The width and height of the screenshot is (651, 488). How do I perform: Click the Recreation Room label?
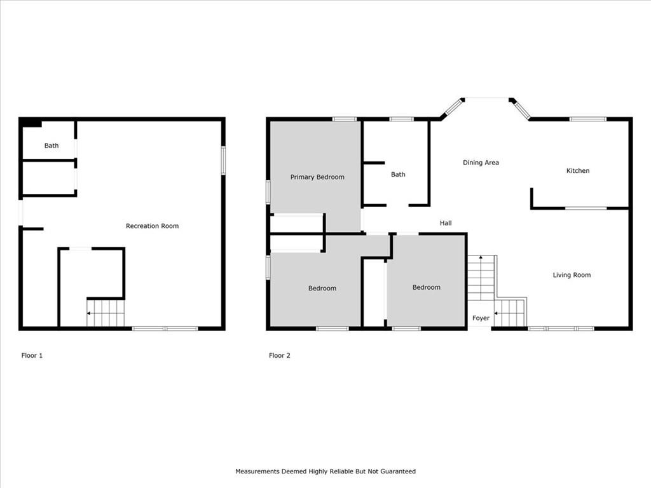click(x=152, y=226)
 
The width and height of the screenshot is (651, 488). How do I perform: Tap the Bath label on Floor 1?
click(x=51, y=146)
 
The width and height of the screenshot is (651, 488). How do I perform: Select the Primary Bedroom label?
click(x=317, y=177)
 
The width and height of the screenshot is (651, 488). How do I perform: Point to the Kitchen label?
click(x=578, y=170)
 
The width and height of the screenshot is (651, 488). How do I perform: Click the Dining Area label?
click(x=481, y=163)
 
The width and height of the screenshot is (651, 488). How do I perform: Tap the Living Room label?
click(x=572, y=274)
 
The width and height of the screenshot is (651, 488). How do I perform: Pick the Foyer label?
click(x=481, y=318)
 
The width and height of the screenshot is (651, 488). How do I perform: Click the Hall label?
click(x=446, y=223)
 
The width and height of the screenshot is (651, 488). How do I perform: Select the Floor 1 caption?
click(x=32, y=355)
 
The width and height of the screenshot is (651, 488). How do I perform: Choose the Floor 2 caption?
click(x=280, y=355)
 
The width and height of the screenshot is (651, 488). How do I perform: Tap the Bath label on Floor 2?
click(x=398, y=174)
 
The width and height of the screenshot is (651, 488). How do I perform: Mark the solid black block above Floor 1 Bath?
click(x=32, y=123)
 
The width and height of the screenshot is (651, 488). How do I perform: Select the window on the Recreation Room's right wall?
click(x=223, y=160)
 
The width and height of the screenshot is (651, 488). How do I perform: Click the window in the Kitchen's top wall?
click(x=587, y=119)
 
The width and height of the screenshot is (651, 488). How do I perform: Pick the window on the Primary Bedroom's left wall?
click(x=268, y=192)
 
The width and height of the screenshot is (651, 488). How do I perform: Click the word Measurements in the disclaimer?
click(x=257, y=471)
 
